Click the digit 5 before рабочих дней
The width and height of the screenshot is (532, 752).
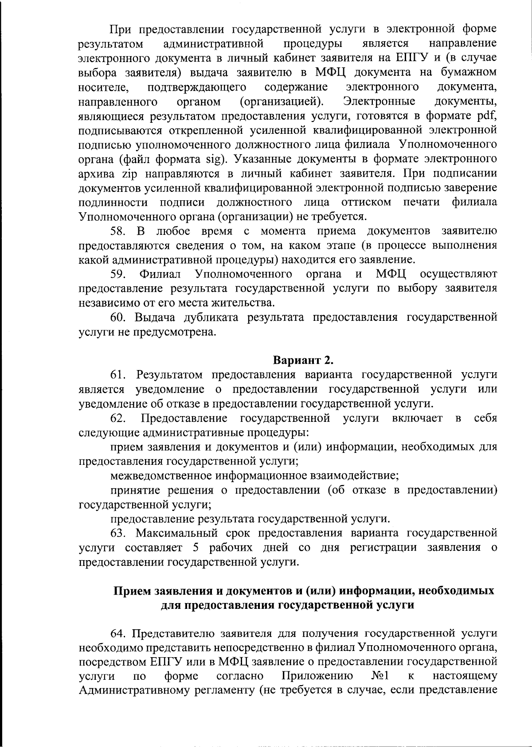coord(196,547)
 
